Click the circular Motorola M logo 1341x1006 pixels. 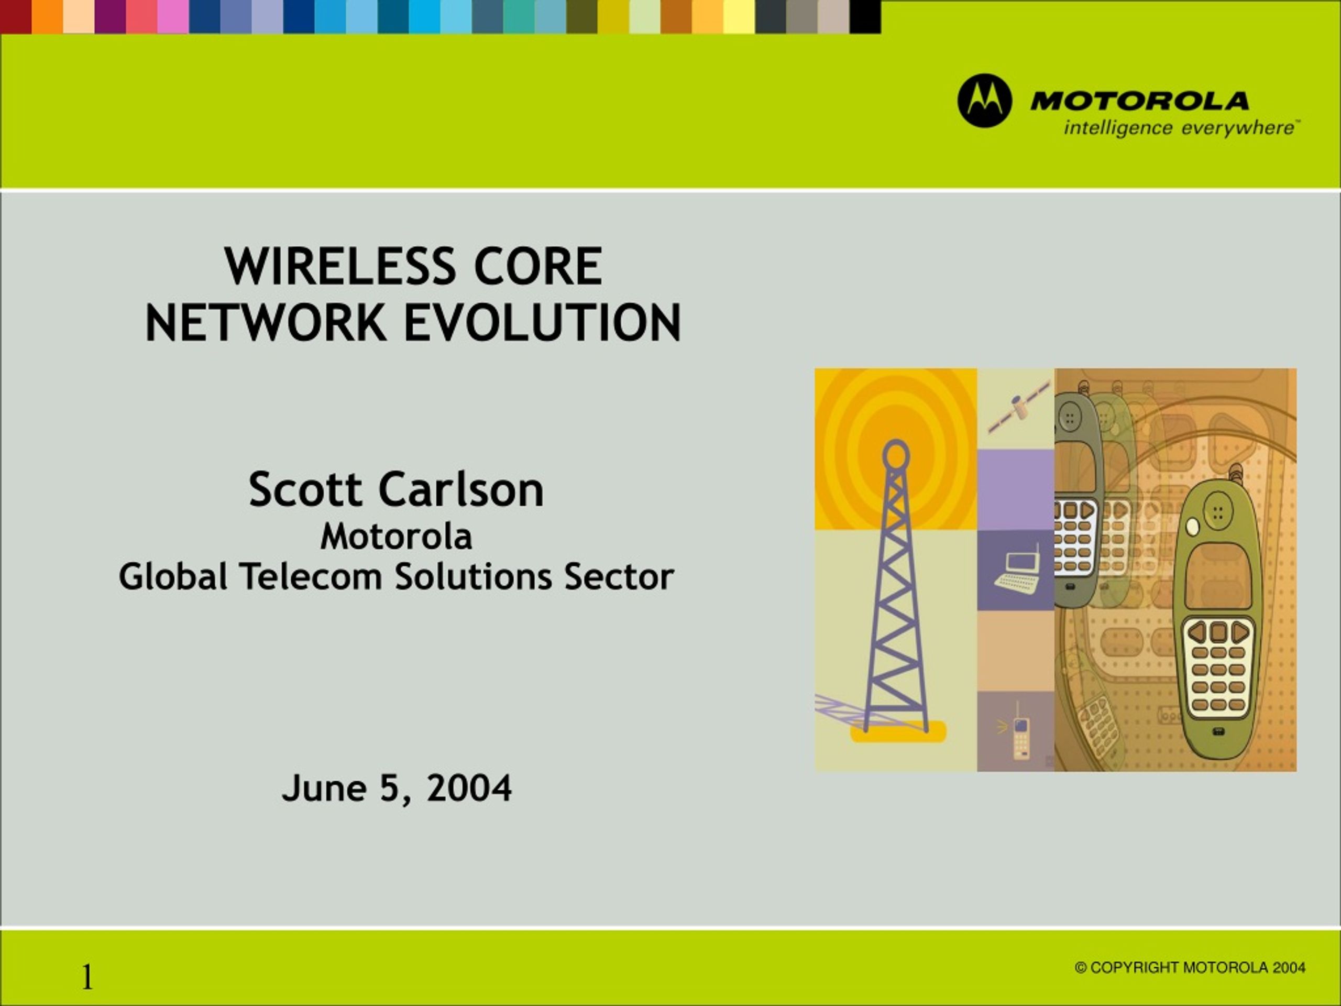point(984,101)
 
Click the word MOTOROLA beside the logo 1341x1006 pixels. point(1140,101)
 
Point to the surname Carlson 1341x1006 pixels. point(461,489)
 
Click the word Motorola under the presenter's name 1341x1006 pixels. point(396,537)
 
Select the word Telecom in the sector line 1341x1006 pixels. point(311,576)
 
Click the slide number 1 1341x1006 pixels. point(87,977)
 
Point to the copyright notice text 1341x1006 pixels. point(1190,967)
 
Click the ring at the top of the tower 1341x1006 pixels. point(895,454)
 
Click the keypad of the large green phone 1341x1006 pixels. point(1218,666)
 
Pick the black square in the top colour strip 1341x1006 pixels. point(864,16)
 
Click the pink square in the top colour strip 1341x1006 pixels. point(173,16)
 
